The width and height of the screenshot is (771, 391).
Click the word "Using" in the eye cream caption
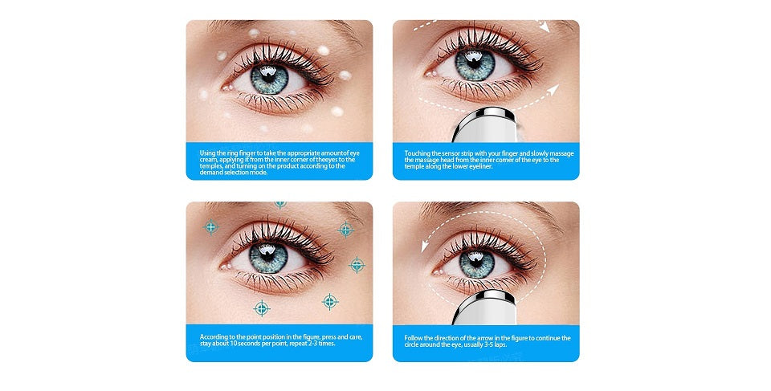click(206, 153)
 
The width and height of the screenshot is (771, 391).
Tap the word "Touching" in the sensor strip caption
click(416, 153)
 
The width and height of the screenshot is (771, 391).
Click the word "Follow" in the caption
click(413, 338)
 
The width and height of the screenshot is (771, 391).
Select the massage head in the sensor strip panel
click(483, 125)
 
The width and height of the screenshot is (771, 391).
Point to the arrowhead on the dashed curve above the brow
click(543, 26)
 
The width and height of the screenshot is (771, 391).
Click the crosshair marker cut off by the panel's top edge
click(280, 204)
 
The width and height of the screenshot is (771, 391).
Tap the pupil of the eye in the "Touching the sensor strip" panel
click(474, 62)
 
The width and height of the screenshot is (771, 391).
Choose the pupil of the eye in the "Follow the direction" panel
click(477, 261)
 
